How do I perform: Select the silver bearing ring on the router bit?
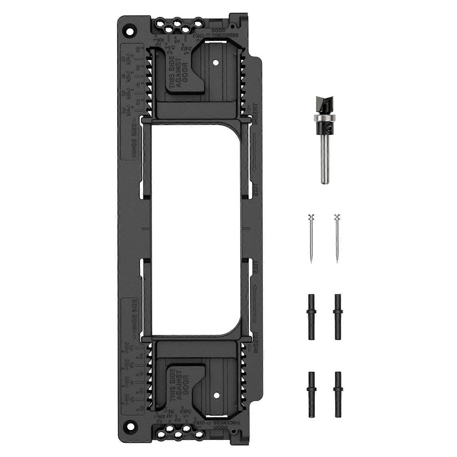click(x=324, y=118)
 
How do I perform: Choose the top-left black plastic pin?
click(x=311, y=317)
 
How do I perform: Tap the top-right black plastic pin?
click(x=338, y=317)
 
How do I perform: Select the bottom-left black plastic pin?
click(x=311, y=394)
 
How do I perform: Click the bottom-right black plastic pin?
click(x=338, y=394)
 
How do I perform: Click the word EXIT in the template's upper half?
click(x=255, y=189)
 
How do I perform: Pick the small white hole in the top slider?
click(x=216, y=62)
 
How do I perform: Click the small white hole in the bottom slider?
click(x=216, y=395)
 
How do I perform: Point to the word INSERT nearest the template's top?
click(x=255, y=114)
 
